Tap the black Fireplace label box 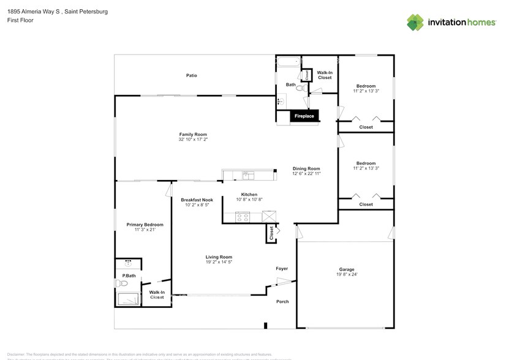point(304,116)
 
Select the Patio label point(192,75)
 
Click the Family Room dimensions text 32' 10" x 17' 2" point(193,140)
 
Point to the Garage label point(347,269)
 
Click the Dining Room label point(306,168)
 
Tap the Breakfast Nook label point(197,200)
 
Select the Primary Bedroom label point(145,225)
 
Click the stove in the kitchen point(243,216)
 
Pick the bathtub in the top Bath point(287,62)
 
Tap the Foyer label point(282,268)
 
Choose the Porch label point(282,301)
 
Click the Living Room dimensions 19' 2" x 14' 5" point(219,262)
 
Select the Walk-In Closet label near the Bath point(325,75)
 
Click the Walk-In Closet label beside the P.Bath point(157,294)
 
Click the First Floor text point(20,20)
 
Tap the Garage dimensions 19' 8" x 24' point(347,274)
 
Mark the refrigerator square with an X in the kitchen point(269,216)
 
